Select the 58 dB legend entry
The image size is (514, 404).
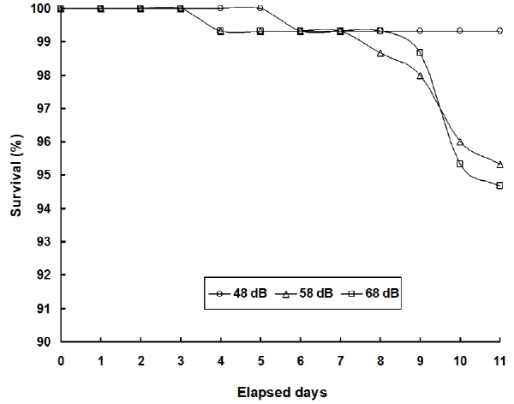pyautogui.click(x=306, y=292)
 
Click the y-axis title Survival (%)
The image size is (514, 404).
pyautogui.click(x=15, y=175)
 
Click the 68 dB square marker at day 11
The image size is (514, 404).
pyautogui.click(x=500, y=185)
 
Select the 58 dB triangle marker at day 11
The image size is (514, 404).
pyautogui.click(x=500, y=164)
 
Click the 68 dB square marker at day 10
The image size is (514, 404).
pyautogui.click(x=460, y=163)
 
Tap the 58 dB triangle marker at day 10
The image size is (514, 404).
pyautogui.click(x=460, y=142)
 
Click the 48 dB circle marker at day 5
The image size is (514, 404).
pyautogui.click(x=260, y=8)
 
